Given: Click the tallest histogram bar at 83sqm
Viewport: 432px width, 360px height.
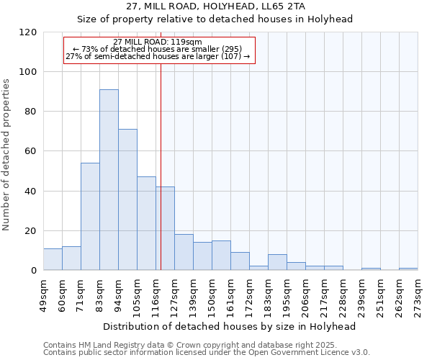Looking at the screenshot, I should pos(109,180).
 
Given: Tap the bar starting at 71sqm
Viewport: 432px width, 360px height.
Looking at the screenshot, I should pos(90,216).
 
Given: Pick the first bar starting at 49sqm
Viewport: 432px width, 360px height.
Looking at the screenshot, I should pos(53,259).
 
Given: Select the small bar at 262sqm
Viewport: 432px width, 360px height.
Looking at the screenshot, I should pos(408,269).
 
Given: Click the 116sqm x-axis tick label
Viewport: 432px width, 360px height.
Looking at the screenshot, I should pos(156,294).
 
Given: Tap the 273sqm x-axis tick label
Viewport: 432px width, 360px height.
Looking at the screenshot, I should pos(418,294).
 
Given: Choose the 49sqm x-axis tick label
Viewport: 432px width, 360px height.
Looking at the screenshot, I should pos(43,294).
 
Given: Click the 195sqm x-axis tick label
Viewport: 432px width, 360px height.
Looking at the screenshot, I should pos(287,294).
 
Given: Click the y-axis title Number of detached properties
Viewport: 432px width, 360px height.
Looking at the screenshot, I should pos(6,155).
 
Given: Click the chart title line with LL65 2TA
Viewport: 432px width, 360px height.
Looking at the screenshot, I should pos(215,6).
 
